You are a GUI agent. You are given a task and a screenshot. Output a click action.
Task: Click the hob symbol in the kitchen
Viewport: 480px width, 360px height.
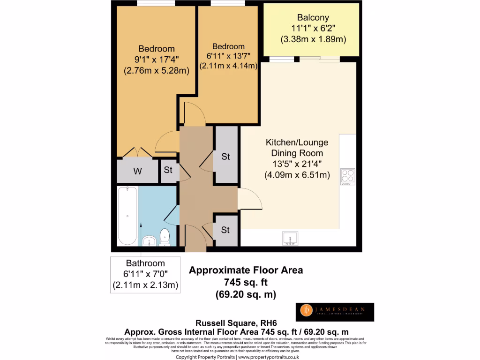(x=348, y=177)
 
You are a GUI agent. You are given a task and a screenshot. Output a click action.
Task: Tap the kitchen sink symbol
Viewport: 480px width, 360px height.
(x=290, y=239)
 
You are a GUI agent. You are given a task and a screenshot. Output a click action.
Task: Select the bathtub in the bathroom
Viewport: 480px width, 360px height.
(x=127, y=216)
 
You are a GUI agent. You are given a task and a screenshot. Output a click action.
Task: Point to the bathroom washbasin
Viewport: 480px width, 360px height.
(x=149, y=240)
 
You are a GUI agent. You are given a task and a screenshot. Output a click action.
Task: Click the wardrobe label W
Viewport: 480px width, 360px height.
(x=137, y=172)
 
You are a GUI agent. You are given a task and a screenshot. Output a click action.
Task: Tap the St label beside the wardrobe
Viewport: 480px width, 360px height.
(x=168, y=170)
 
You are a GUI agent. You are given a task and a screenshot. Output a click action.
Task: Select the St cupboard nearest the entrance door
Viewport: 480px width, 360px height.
(x=225, y=230)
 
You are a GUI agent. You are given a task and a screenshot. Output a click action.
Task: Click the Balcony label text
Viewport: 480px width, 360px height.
(x=313, y=19)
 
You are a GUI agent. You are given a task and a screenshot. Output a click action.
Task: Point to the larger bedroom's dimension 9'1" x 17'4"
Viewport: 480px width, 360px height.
(x=156, y=60)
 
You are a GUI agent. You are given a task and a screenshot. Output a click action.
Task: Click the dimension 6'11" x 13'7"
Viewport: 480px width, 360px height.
(x=228, y=56)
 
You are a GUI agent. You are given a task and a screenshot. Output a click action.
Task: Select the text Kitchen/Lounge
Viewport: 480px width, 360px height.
(x=297, y=142)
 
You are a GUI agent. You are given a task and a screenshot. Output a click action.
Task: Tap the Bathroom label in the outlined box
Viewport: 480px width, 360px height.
(x=145, y=263)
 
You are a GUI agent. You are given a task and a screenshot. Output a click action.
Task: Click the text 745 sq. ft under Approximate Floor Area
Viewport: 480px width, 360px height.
(x=246, y=282)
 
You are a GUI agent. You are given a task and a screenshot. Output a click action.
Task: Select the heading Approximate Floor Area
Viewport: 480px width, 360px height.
(x=246, y=270)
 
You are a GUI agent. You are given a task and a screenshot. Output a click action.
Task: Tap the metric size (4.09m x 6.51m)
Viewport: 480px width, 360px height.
(x=297, y=175)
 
